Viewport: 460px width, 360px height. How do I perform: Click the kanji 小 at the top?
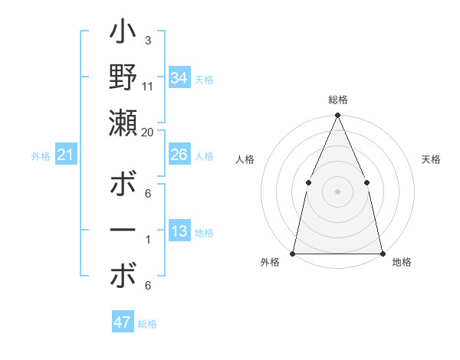[x=123, y=34]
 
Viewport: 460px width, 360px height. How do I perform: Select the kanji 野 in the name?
[x=123, y=79]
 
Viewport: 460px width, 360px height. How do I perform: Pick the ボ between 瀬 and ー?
[x=123, y=186]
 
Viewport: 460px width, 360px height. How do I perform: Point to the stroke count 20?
[x=148, y=133]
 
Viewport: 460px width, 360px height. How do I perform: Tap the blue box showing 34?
[x=179, y=77]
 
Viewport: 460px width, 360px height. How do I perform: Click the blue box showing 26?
[x=179, y=155]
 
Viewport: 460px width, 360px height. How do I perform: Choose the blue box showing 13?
[x=179, y=231]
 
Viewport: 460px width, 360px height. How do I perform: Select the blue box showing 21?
[x=66, y=155]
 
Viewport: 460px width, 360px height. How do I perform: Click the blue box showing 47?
[x=123, y=322]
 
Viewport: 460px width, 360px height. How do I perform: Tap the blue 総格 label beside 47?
[x=148, y=324]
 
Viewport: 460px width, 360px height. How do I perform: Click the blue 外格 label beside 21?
[x=41, y=156]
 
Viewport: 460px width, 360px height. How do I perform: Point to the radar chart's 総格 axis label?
[x=337, y=100]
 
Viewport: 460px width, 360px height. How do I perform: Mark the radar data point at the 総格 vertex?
[x=337, y=116]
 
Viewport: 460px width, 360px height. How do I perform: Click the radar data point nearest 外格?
[x=293, y=253]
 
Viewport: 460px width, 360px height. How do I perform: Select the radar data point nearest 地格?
[x=382, y=253]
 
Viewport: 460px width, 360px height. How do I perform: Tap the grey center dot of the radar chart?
[x=337, y=191]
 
